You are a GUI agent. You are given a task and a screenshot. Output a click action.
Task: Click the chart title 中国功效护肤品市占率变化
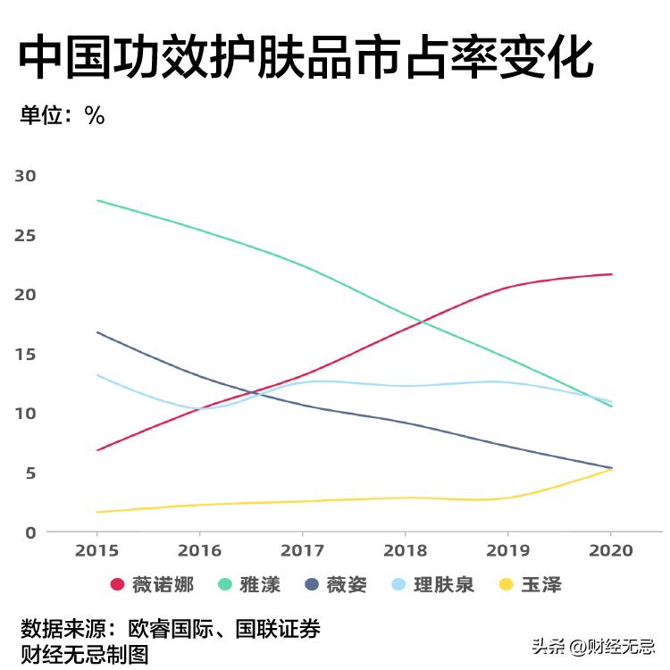[x=306, y=59]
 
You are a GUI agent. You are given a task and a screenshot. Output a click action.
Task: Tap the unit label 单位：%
[x=63, y=115]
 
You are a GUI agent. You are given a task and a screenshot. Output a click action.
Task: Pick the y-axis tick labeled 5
[x=30, y=473]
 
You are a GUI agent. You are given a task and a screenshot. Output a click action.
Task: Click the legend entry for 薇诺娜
[x=152, y=585]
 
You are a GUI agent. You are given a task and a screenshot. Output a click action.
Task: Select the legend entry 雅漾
[x=249, y=585]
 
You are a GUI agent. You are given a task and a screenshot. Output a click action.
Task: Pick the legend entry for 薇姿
[x=335, y=585]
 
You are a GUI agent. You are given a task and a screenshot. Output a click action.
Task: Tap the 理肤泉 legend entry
[x=432, y=585]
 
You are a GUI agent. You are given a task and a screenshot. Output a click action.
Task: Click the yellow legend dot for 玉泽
[x=506, y=585]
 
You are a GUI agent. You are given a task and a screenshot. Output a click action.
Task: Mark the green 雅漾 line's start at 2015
[x=96, y=200]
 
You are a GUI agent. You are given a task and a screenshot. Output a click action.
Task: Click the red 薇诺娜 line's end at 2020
[x=612, y=274]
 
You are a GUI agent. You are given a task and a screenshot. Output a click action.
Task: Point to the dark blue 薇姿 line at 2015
[x=96, y=332]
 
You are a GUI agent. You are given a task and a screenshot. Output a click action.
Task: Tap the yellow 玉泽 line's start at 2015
[x=96, y=512]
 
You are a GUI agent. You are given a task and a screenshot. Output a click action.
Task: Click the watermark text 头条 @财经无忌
[x=593, y=646]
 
